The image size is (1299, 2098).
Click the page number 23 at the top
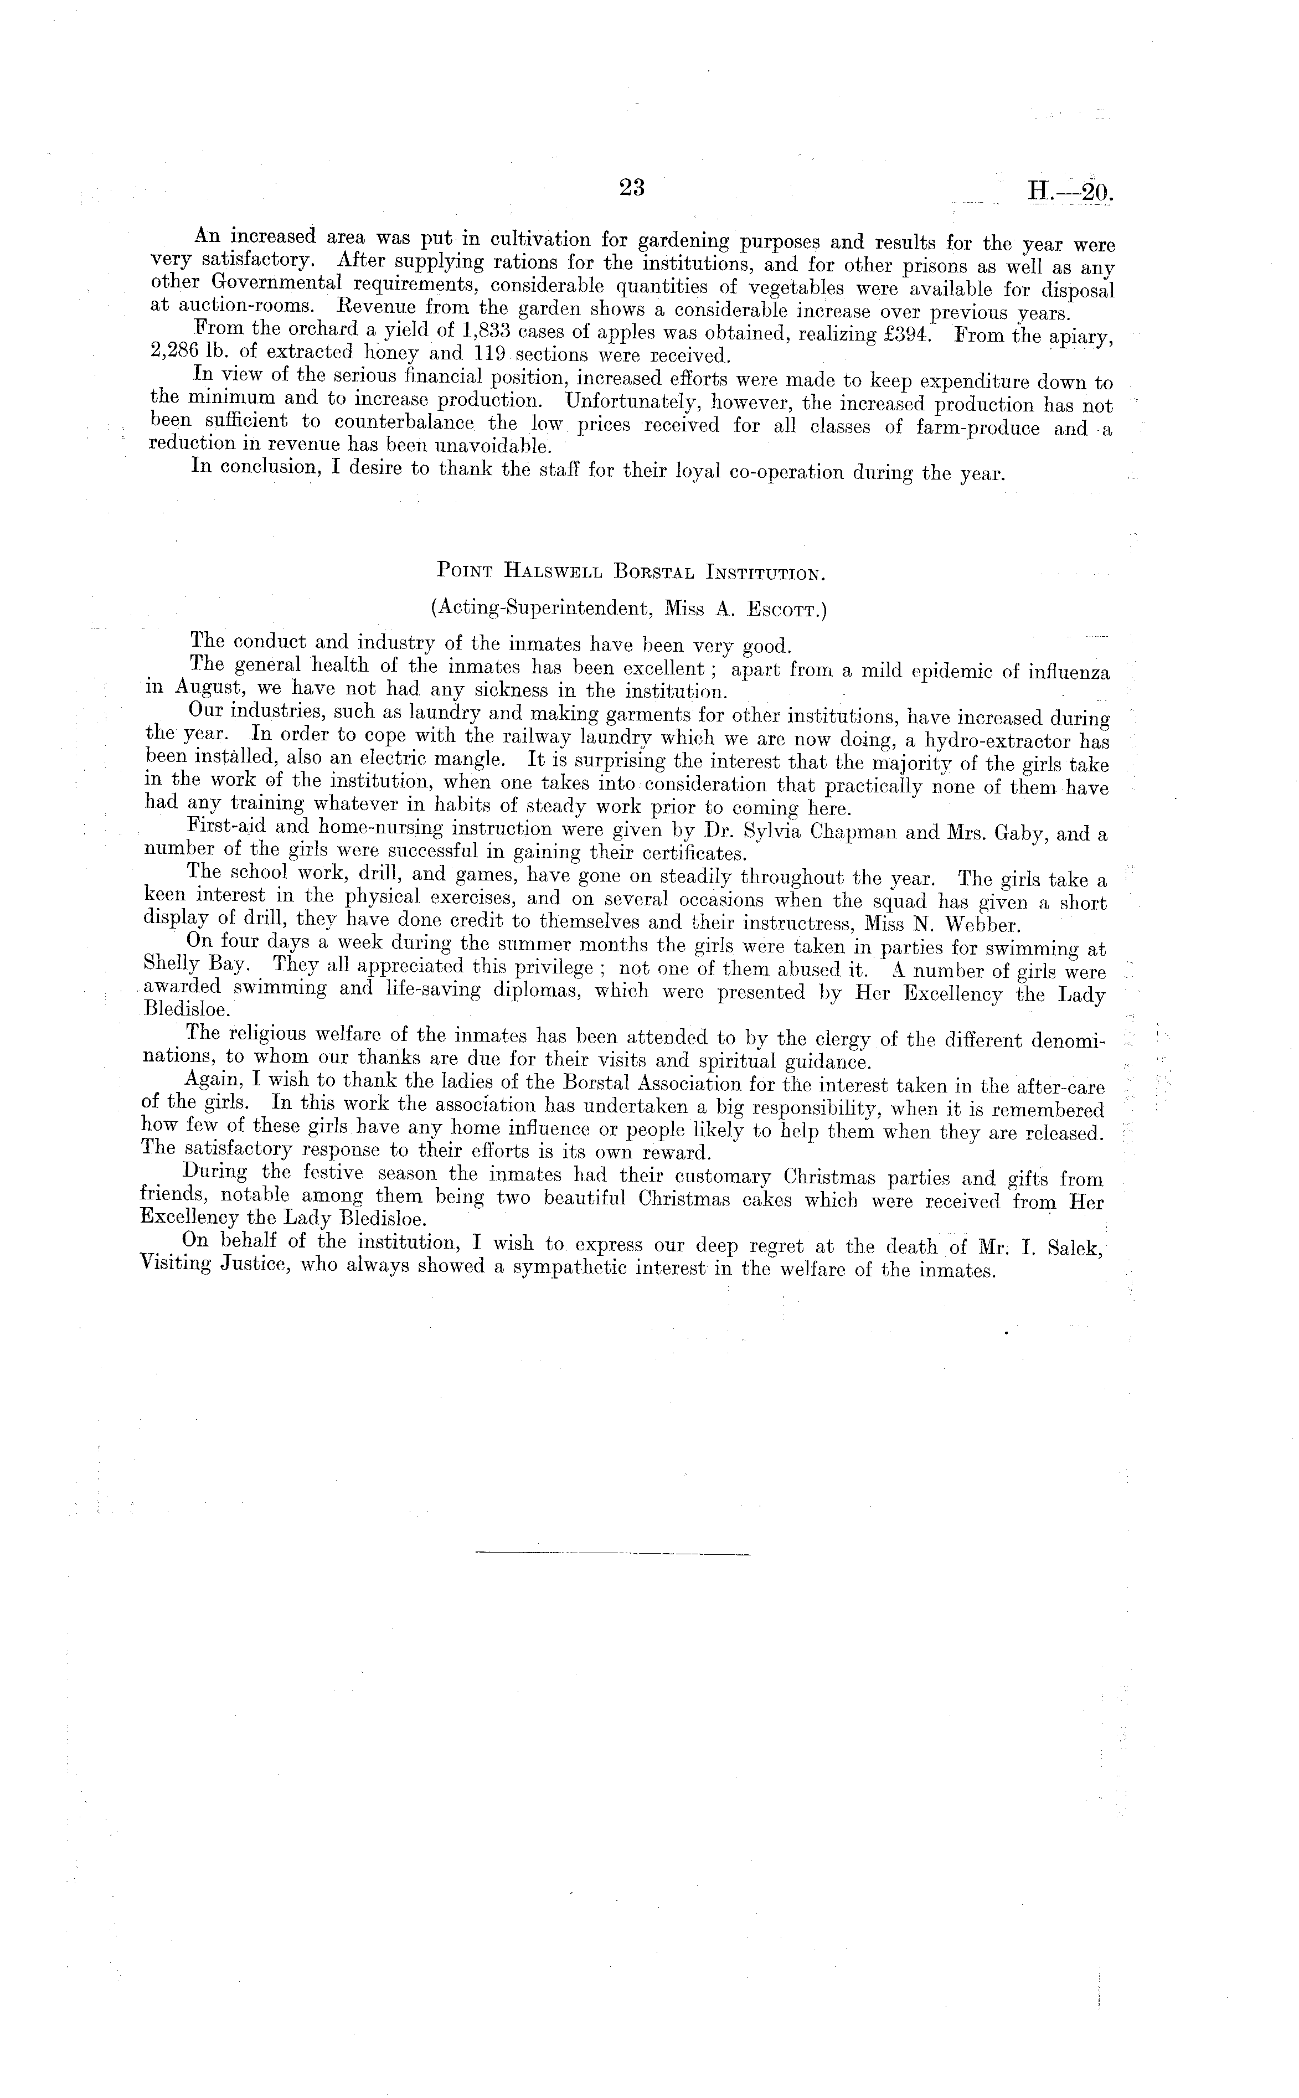click(x=631, y=188)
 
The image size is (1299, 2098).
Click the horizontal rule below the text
click(x=612, y=1553)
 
